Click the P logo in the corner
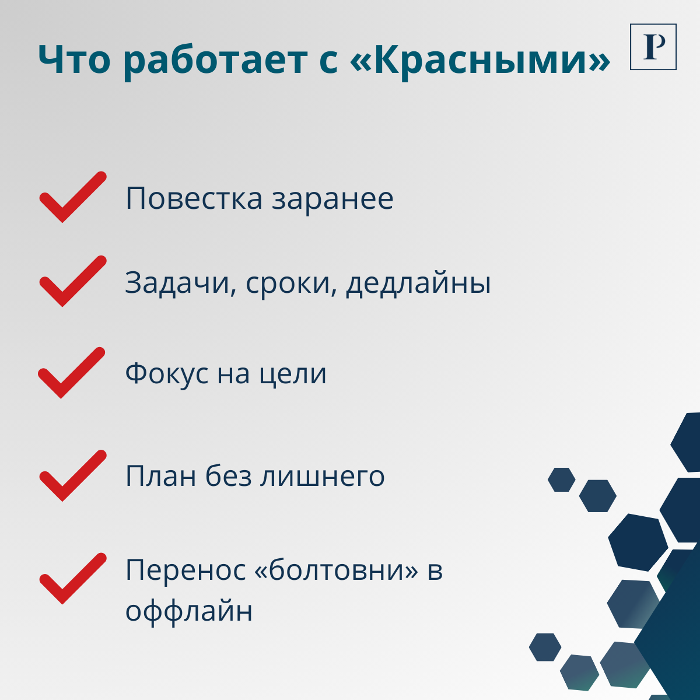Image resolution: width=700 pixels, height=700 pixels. coord(653,47)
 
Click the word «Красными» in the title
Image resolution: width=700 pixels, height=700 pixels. coord(481,60)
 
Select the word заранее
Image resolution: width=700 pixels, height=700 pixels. coord(332,198)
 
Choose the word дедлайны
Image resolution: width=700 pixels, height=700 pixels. coord(418,283)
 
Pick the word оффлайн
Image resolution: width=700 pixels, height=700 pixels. coord(189,611)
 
